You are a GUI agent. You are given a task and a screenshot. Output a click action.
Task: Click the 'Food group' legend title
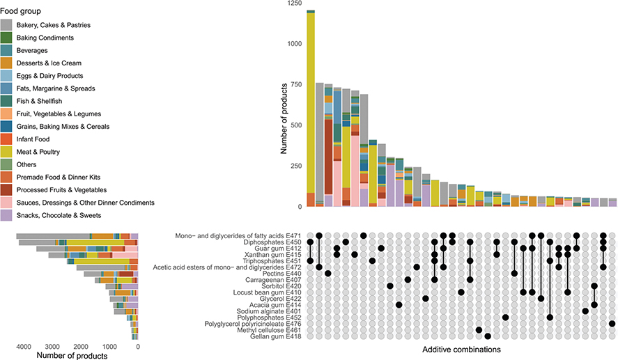coord(20,11)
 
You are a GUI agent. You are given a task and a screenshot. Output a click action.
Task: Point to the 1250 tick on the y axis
coord(293,4)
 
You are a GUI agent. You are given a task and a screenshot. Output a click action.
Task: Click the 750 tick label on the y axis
coord(295,84)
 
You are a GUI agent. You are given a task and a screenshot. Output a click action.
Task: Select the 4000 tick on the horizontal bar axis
coord(22,346)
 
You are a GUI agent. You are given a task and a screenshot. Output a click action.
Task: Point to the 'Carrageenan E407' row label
coord(270,279)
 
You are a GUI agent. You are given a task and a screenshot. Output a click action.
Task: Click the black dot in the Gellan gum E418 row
coord(488,336)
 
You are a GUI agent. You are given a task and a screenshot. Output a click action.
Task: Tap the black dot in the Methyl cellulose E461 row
coord(479,330)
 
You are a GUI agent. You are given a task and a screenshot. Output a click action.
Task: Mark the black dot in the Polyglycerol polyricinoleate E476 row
coord(612,324)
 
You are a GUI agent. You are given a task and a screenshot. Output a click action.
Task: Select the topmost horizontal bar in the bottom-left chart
coord(77,236)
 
